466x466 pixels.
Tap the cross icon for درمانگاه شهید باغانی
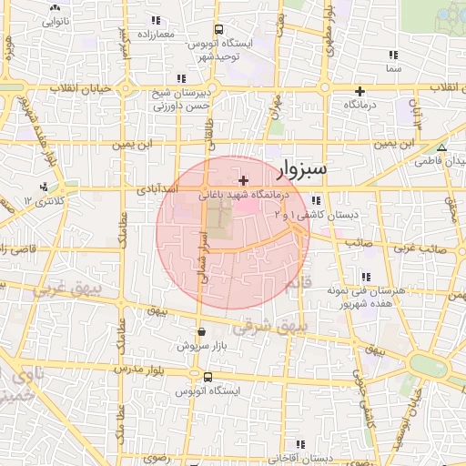point(243,181)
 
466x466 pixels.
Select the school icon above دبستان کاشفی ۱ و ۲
point(315,201)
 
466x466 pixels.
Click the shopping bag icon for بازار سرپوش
point(201,332)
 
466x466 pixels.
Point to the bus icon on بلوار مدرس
point(208,377)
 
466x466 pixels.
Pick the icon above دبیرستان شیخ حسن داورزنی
point(181,78)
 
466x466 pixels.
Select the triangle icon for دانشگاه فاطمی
point(441,147)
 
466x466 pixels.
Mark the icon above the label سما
point(392,55)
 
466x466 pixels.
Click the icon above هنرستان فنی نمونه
point(367,277)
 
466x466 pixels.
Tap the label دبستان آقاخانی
point(268,458)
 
